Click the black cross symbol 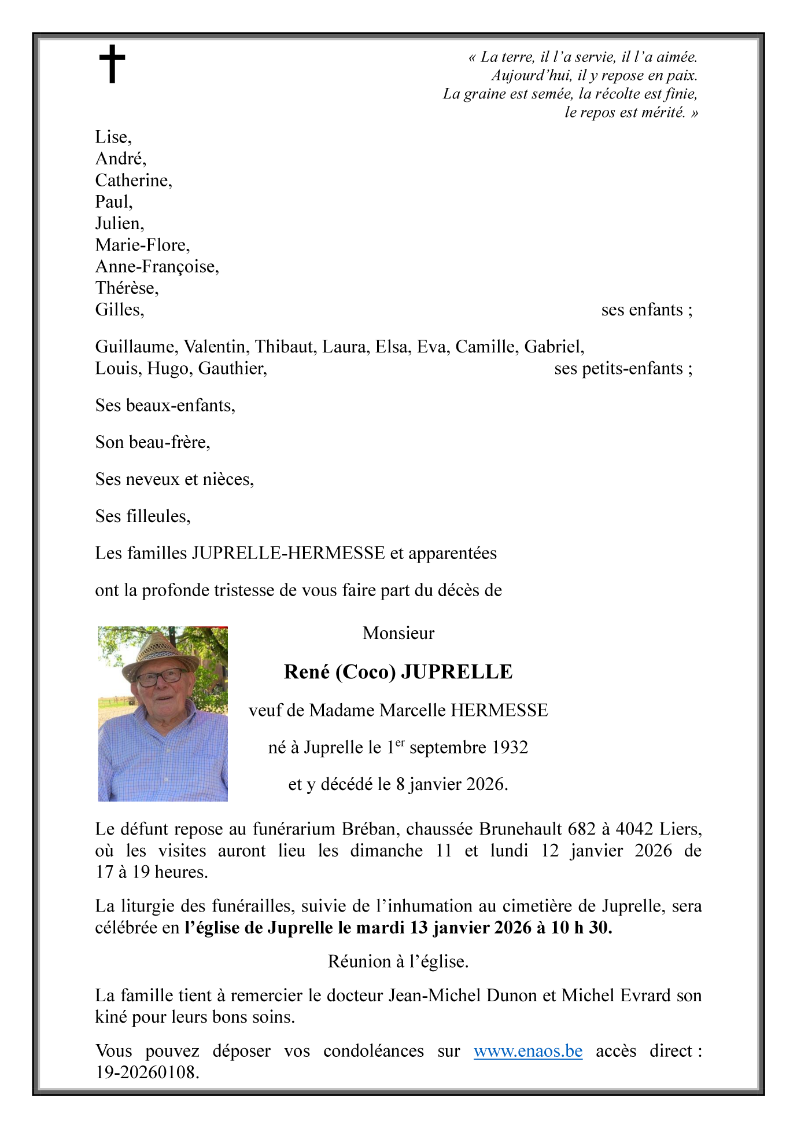(112, 64)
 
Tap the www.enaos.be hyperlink (527, 1050)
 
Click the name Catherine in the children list (132, 181)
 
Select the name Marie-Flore (142, 245)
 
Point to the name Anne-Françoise (156, 267)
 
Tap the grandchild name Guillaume (138, 347)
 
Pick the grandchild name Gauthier (231, 369)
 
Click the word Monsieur (398, 633)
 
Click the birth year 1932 (510, 747)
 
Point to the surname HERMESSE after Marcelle (499, 710)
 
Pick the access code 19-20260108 (147, 1072)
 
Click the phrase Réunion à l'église (398, 961)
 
